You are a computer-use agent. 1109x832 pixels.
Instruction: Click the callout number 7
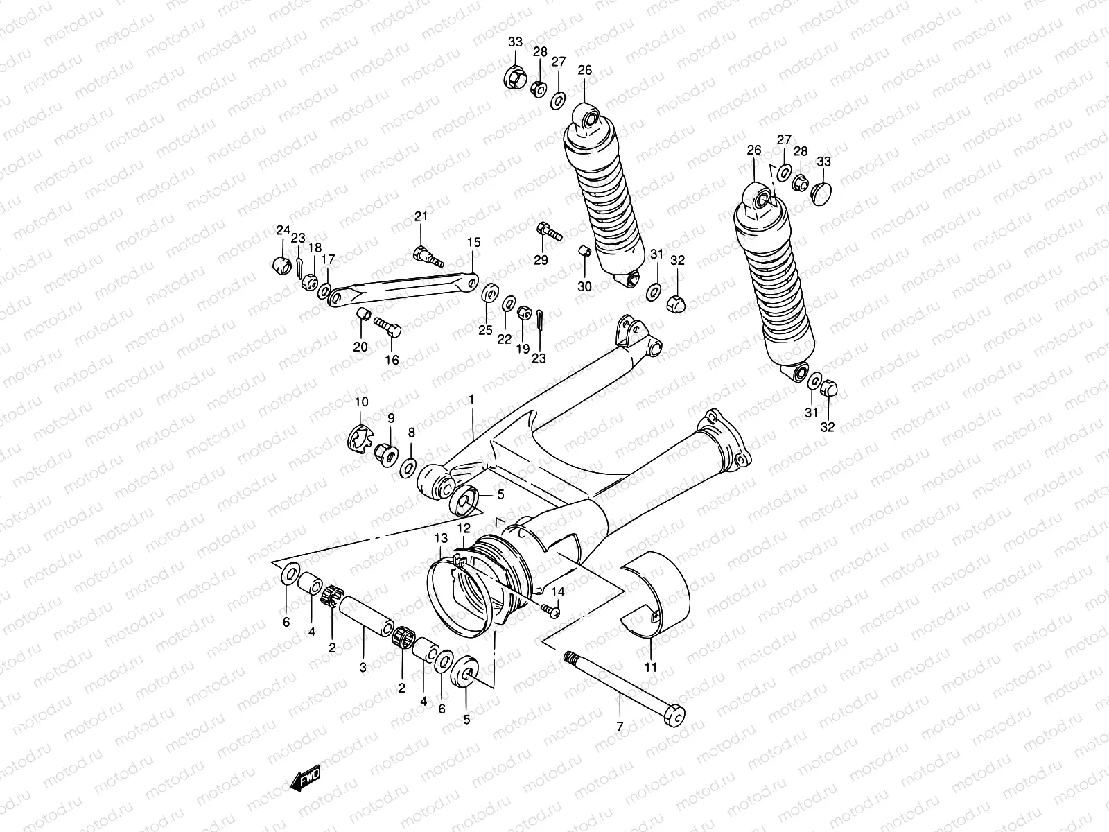pyautogui.click(x=620, y=727)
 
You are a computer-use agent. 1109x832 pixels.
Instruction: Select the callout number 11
pyautogui.click(x=651, y=668)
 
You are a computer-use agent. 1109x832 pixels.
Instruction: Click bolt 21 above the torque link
pyautogui.click(x=427, y=257)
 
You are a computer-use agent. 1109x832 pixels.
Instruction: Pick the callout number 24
pyautogui.click(x=282, y=230)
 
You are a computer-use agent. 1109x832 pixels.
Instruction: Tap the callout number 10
pyautogui.click(x=362, y=402)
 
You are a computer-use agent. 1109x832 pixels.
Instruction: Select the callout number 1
pyautogui.click(x=471, y=399)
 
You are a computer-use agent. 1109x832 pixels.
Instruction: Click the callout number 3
pyautogui.click(x=363, y=667)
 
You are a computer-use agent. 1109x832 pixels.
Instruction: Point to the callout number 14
pyautogui.click(x=558, y=591)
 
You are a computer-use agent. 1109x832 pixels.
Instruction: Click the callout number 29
pyautogui.click(x=541, y=260)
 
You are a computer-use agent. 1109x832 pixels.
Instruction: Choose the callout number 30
pyautogui.click(x=584, y=286)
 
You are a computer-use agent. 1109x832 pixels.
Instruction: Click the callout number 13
pyautogui.click(x=442, y=539)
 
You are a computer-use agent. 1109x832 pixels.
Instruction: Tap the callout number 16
pyautogui.click(x=392, y=359)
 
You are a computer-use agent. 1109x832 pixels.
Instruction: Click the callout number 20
pyautogui.click(x=360, y=347)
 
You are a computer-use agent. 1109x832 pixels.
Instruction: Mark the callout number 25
pyautogui.click(x=485, y=329)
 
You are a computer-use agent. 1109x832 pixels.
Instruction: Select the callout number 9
pyautogui.click(x=390, y=418)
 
